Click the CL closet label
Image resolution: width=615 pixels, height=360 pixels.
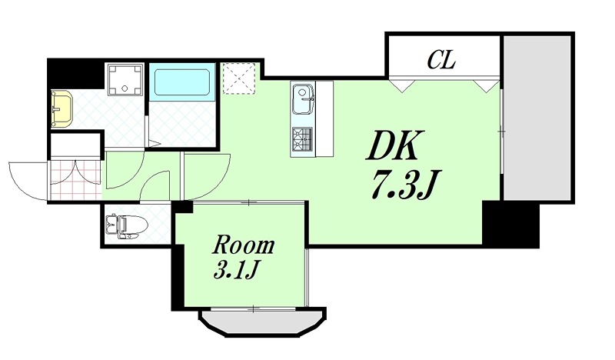coord(442,58)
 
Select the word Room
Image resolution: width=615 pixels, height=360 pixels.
coord(243,246)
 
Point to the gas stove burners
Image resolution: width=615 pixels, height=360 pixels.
coord(302,141)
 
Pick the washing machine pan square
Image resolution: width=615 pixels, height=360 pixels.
coord(124,81)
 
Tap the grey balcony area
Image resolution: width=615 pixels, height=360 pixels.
coord(537,115)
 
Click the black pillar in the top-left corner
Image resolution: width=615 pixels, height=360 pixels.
coord(75,73)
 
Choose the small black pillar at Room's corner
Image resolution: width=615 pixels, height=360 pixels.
coord(181,206)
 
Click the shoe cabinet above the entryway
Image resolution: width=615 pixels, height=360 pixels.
coord(75,145)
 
